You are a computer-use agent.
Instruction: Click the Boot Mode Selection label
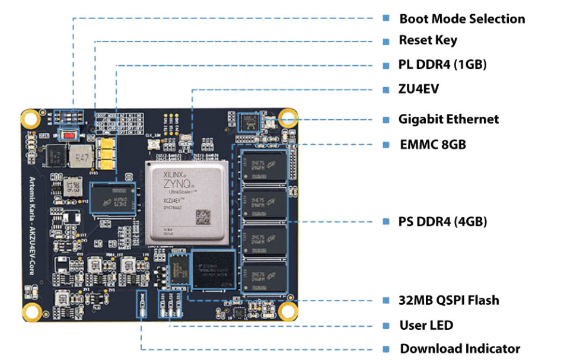pyautogui.click(x=461, y=19)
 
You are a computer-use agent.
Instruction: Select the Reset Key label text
pyautogui.click(x=428, y=41)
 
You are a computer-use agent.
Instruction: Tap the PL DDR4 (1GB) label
pyautogui.click(x=442, y=65)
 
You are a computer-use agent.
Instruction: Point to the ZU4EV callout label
pyautogui.click(x=419, y=90)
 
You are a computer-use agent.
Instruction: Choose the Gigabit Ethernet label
pyautogui.click(x=448, y=119)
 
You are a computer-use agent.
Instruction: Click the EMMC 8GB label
pyautogui.click(x=432, y=144)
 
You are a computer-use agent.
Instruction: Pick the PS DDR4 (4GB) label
pyautogui.click(x=442, y=222)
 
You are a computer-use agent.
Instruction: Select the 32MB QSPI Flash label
pyautogui.click(x=448, y=300)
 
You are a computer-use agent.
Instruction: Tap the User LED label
pyautogui.click(x=426, y=325)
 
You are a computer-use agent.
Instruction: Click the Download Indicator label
pyautogui.click(x=460, y=349)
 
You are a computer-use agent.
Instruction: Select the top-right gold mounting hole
pyautogui.click(x=288, y=117)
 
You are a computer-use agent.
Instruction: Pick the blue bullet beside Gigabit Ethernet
pyautogui.click(x=386, y=119)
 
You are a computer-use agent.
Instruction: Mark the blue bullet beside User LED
pyautogui.click(x=386, y=325)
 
